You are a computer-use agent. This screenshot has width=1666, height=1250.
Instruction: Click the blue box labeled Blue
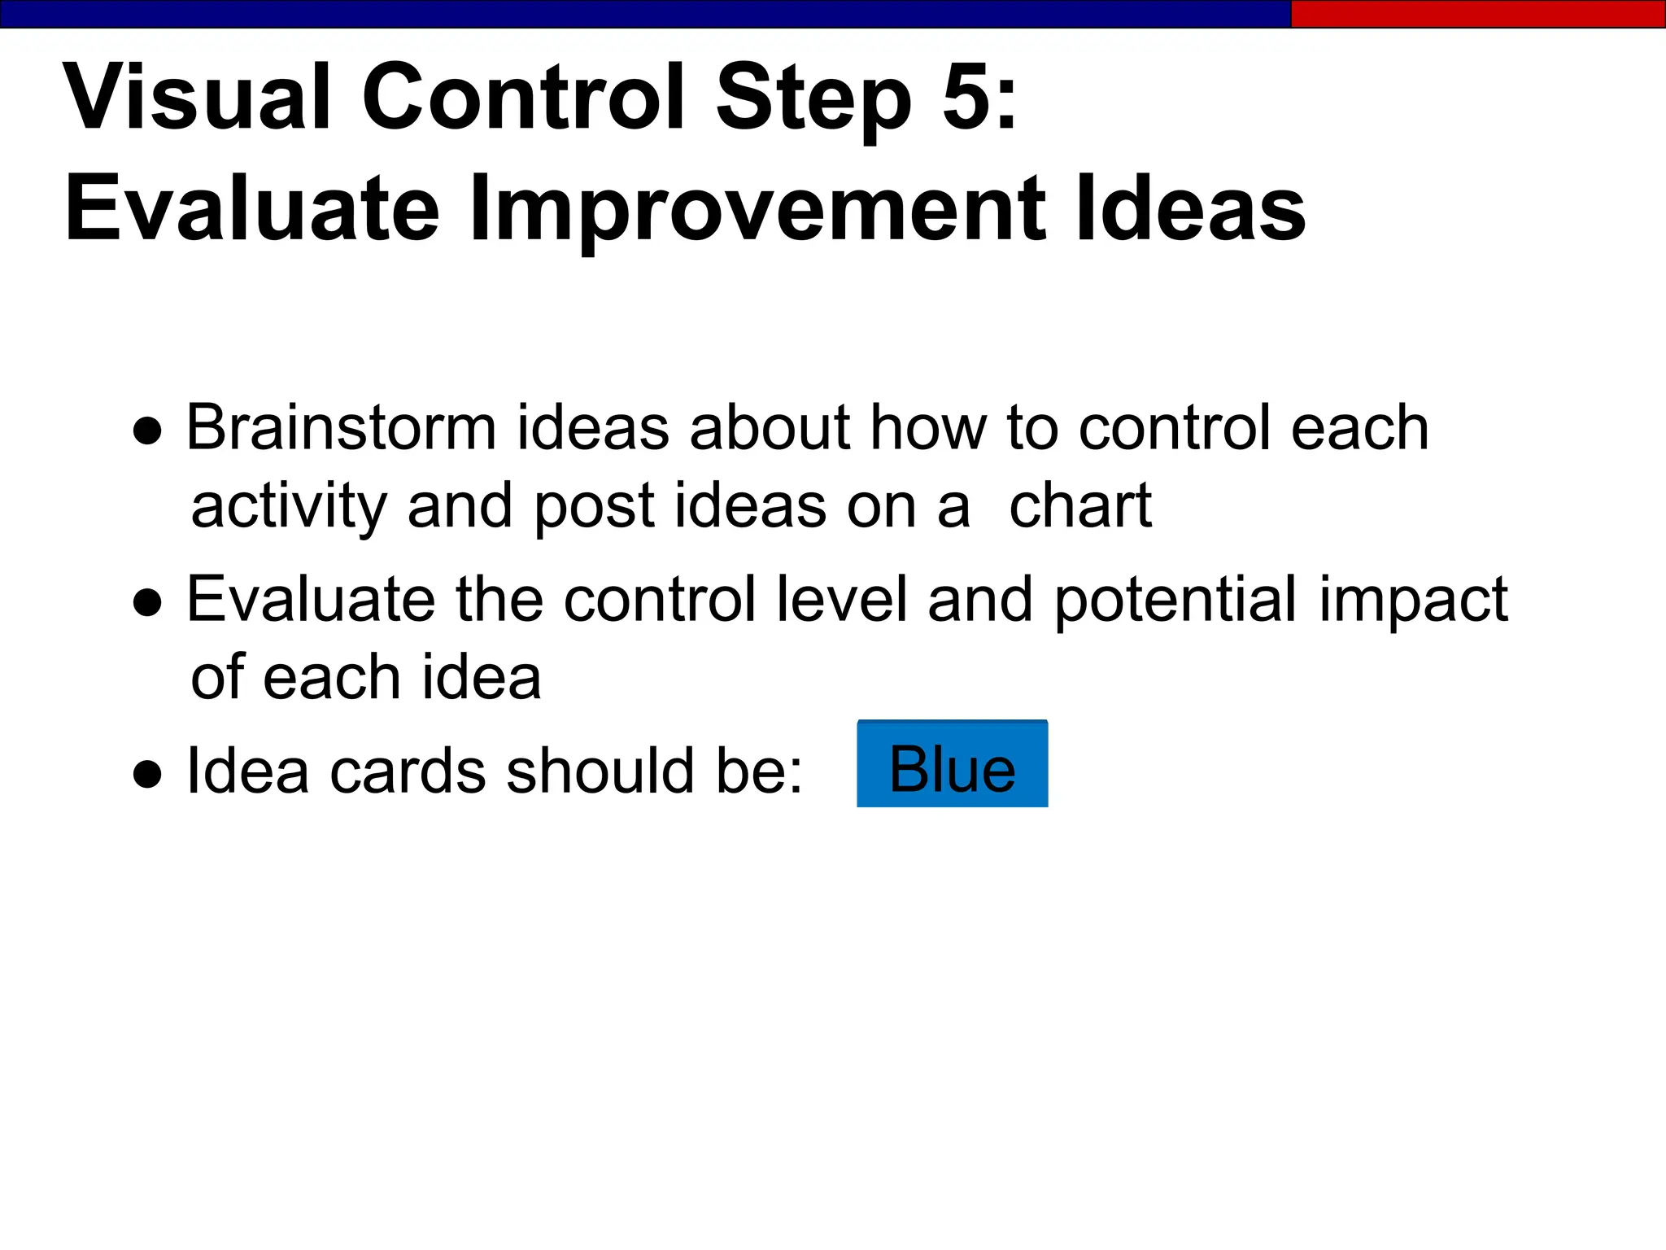pos(952,764)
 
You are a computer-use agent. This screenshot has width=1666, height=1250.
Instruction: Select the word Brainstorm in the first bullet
pos(341,428)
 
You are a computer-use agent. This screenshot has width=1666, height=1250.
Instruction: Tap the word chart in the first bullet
pos(1079,506)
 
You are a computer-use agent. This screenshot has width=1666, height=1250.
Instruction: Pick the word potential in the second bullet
pos(1175,601)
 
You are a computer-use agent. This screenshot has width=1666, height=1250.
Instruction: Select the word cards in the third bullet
pos(407,771)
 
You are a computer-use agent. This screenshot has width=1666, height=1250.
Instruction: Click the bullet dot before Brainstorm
pos(147,432)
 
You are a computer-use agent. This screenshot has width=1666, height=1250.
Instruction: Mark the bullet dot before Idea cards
pos(147,775)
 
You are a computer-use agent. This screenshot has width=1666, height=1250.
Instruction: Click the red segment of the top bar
pos(1477,14)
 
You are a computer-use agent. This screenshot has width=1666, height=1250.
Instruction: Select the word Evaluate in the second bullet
pos(311,599)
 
